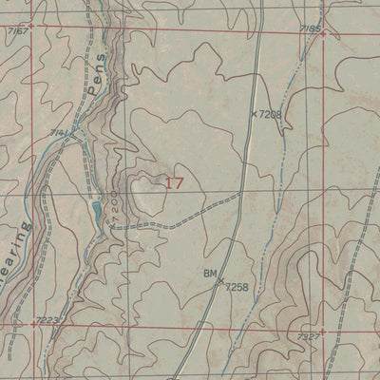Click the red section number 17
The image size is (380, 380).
pos(174,182)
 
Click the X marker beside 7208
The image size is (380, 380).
pos(254,113)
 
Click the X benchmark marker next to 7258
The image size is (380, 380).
pos(220,280)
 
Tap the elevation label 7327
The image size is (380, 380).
pos(308,337)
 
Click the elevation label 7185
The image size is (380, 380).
pos(311,28)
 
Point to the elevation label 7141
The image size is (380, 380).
pos(59,132)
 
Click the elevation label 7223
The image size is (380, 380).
pos(47,320)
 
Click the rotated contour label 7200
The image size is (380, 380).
pos(114,206)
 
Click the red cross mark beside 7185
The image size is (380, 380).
pos(323,34)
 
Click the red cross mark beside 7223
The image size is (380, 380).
pos(33,324)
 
